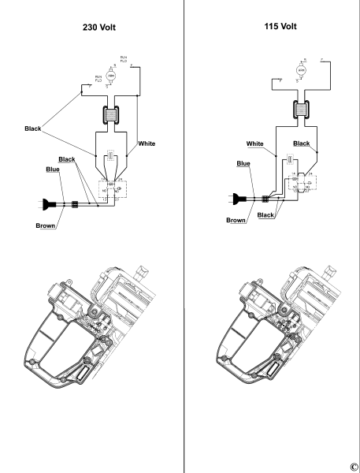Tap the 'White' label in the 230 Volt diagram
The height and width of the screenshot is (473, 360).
[147, 143]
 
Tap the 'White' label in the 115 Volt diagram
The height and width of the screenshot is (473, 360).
[254, 143]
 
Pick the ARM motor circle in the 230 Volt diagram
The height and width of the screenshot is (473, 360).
[111, 76]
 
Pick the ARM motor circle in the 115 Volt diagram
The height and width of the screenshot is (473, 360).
[299, 70]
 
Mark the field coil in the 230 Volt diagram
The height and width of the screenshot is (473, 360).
[111, 115]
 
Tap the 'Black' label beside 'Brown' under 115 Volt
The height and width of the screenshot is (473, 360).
[265, 214]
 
